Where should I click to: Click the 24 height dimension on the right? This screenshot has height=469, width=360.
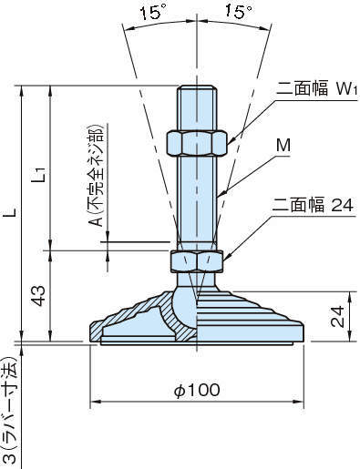(336, 316)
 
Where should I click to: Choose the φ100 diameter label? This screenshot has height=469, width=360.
(196, 390)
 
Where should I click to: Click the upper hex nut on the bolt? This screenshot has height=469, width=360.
(196, 142)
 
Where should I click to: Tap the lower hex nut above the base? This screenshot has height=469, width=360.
(196, 261)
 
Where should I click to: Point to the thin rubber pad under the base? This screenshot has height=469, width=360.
(196, 344)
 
